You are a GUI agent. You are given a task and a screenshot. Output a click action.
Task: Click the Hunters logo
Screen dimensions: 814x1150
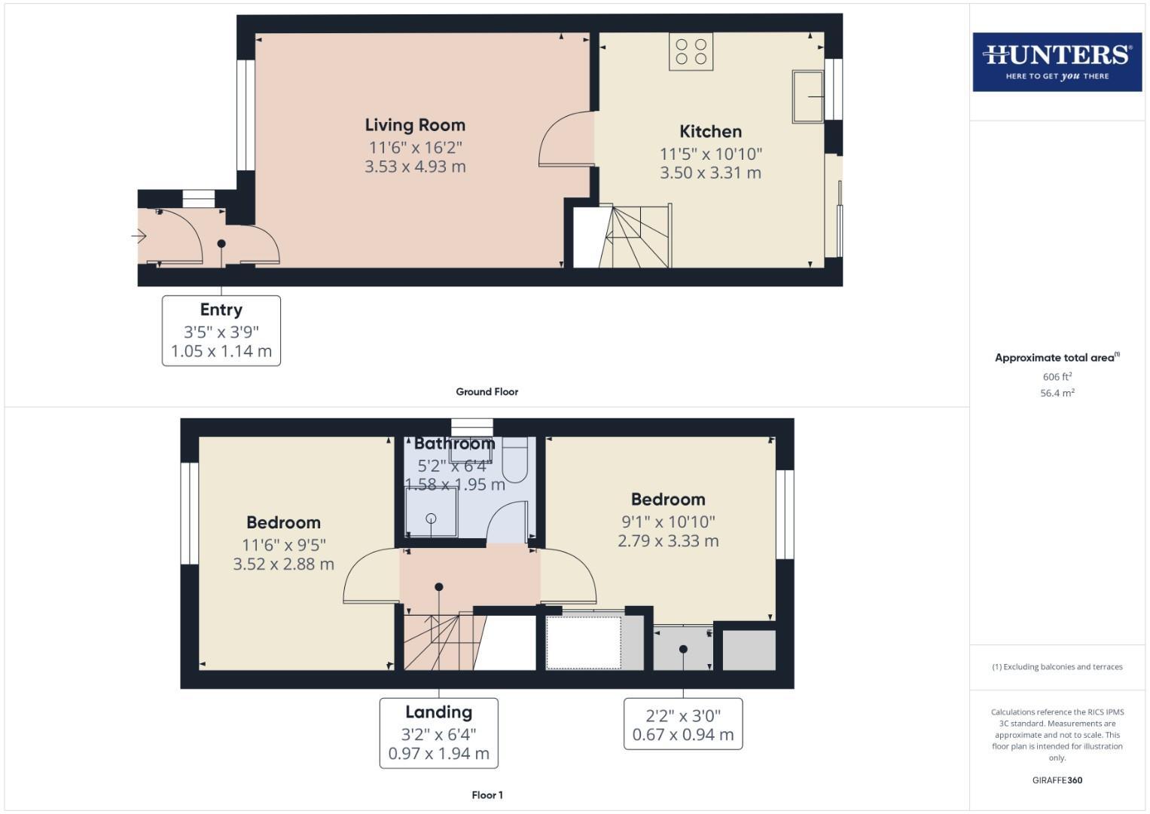1057,62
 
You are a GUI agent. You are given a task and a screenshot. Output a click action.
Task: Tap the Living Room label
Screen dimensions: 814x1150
415,125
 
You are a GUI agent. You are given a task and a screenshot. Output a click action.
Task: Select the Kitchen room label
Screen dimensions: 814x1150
710,132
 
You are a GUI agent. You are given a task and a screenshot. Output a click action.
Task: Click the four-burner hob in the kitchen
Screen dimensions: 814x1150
691,52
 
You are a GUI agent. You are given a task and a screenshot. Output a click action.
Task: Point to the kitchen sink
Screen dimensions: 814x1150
807,96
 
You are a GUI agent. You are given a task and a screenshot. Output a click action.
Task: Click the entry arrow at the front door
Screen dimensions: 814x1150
139,237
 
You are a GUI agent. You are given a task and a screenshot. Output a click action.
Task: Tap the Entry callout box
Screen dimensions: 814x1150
221,331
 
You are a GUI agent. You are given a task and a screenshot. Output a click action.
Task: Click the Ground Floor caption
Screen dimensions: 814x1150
487,392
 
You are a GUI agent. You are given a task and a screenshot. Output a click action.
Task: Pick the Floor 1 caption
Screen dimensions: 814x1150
487,795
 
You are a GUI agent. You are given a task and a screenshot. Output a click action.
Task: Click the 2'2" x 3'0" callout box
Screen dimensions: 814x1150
682,724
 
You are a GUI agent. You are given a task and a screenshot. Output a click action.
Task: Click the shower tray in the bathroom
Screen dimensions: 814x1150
431,513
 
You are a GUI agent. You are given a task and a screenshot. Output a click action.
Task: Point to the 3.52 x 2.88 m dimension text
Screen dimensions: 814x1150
283,565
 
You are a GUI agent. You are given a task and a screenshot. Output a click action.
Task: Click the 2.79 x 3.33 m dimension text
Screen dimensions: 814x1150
667,541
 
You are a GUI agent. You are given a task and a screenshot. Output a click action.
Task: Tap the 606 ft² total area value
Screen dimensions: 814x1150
1057,377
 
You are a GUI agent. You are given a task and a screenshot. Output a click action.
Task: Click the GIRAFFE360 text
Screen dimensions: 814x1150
1057,781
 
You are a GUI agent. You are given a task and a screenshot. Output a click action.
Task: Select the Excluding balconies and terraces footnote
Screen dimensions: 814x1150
1057,667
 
